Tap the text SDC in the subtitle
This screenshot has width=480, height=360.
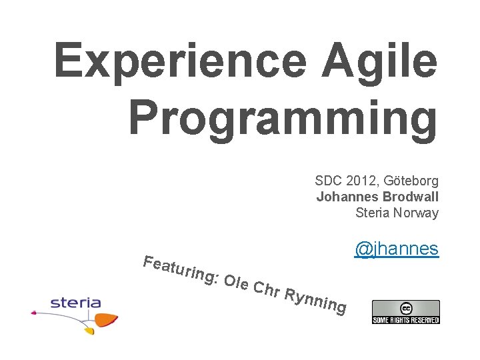pos(328,181)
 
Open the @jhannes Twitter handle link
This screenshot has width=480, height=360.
pos(396,249)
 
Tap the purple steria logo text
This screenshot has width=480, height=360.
pos(75,303)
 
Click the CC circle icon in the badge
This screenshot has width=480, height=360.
pos(405,308)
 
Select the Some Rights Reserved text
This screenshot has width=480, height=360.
pos(405,319)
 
